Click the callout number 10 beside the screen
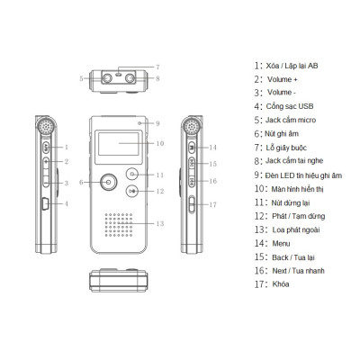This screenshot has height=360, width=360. point(159,143)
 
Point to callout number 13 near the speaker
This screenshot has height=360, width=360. point(159,222)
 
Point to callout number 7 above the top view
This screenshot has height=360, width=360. point(157,67)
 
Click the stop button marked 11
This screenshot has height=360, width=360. point(133,174)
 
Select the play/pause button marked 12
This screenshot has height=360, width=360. point(133,191)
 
